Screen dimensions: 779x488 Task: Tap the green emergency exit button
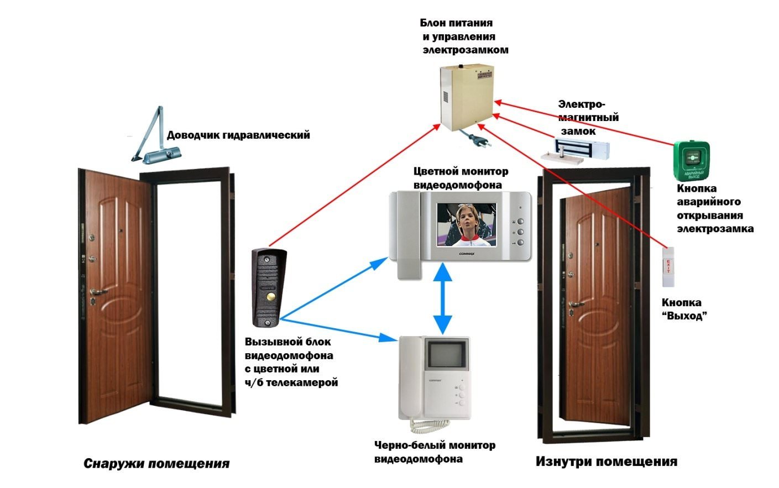click(691, 161)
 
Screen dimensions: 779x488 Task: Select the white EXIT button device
click(668, 267)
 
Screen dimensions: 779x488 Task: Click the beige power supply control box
click(467, 97)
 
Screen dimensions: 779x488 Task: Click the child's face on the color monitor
click(466, 221)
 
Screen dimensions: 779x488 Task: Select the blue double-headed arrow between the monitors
click(442, 299)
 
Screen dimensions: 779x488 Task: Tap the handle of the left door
click(98, 292)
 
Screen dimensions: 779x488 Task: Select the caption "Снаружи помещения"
click(156, 464)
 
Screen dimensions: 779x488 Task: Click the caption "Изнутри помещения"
click(607, 462)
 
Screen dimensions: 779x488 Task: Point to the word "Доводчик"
click(193, 135)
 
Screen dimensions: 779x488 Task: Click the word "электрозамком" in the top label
click(466, 50)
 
